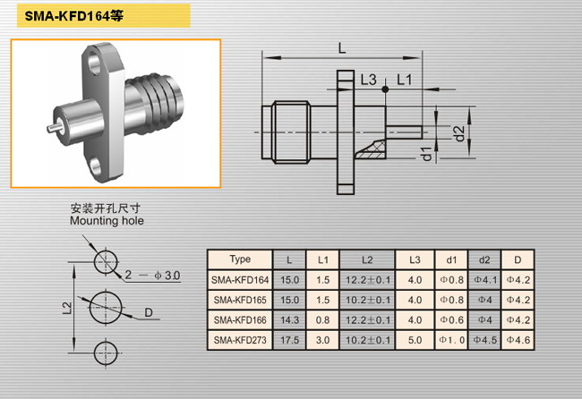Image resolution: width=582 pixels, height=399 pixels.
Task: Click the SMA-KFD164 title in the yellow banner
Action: [73, 16]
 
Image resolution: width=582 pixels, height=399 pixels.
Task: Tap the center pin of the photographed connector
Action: [54, 127]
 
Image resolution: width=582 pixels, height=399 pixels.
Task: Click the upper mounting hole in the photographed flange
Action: [93, 64]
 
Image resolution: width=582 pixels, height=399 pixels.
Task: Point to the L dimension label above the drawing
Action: [342, 47]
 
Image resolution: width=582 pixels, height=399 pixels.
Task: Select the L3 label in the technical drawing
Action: [369, 80]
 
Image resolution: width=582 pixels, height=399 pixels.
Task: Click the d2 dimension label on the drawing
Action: [459, 134]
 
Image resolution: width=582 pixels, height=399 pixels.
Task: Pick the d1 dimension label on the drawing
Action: [427, 154]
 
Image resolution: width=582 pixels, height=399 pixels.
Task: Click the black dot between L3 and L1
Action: [385, 89]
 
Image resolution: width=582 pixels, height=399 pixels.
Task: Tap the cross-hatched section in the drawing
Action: [372, 150]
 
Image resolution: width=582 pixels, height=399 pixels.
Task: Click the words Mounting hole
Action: [107, 221]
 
